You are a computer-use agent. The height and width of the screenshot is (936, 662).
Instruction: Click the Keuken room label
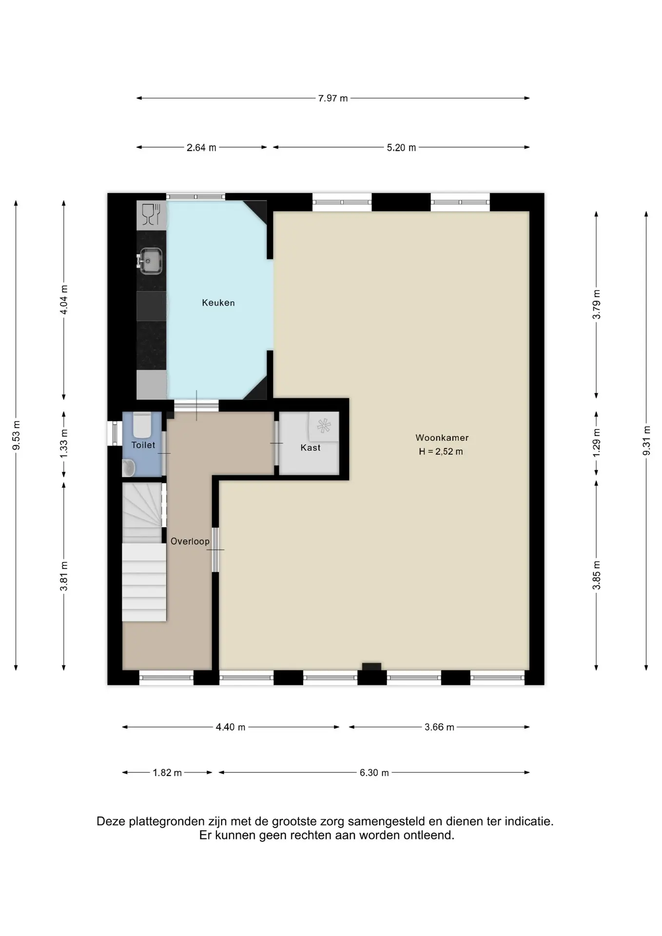click(218, 303)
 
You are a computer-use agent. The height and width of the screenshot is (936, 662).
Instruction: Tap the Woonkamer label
click(442, 438)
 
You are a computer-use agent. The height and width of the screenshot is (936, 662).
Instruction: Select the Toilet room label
click(143, 445)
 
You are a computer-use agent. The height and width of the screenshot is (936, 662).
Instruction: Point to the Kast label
click(311, 448)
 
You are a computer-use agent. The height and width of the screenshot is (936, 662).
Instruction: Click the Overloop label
click(190, 541)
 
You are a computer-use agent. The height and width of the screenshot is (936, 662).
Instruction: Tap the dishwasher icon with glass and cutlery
click(151, 215)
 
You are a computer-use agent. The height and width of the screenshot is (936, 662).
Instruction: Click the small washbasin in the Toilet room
click(128, 468)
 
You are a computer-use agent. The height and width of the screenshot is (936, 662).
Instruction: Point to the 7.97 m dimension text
click(333, 98)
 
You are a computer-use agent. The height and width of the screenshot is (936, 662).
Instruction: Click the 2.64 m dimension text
click(201, 148)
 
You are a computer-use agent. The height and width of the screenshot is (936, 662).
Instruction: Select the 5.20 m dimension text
click(402, 148)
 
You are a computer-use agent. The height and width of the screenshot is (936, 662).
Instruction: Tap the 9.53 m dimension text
click(16, 435)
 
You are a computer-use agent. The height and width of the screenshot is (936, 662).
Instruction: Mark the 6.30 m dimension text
click(374, 773)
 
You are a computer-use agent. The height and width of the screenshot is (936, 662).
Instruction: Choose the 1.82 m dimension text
click(167, 773)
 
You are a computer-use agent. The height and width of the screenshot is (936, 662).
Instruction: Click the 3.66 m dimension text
click(439, 727)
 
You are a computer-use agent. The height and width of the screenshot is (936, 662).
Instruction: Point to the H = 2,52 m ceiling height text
click(441, 451)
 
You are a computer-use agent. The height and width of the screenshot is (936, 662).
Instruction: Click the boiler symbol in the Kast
click(324, 426)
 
